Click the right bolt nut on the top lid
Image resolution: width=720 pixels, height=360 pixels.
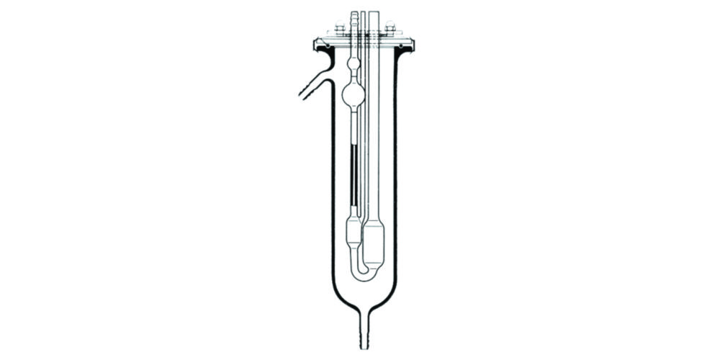(390, 30)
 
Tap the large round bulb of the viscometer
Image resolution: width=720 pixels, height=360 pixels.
(353, 93)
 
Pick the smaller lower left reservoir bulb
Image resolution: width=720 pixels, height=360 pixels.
(353, 230)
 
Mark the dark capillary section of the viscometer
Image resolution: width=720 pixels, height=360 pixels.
(353, 173)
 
